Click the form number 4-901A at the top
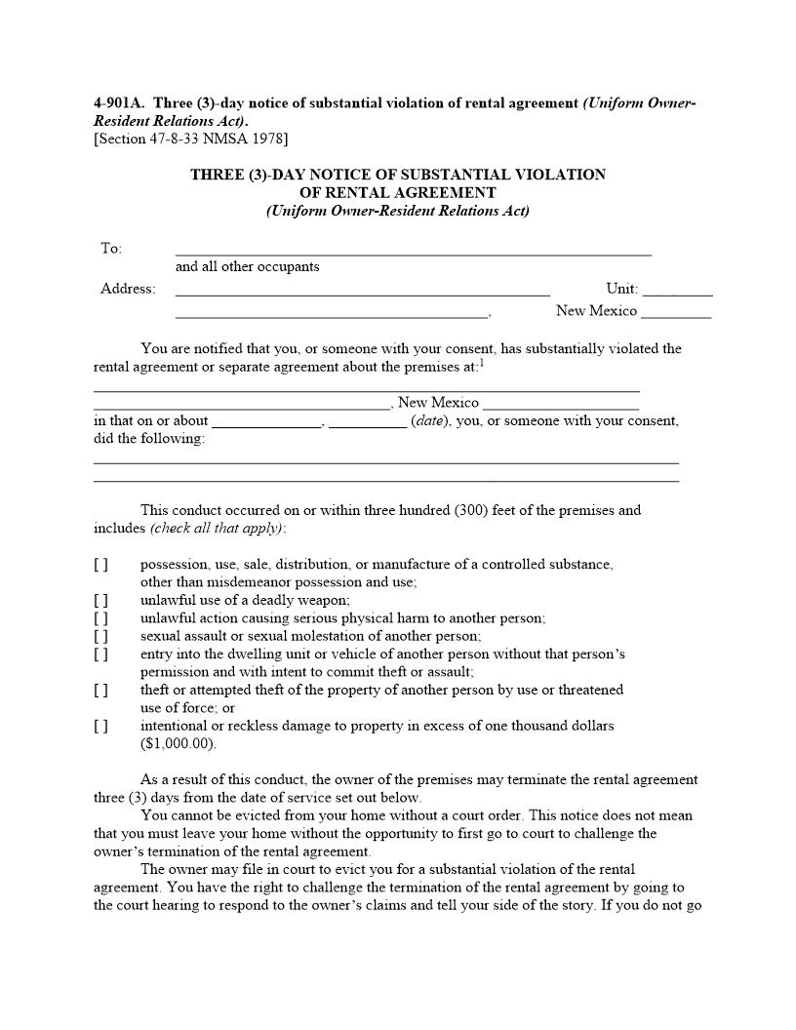(x=119, y=103)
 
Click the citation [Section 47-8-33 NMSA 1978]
(x=190, y=139)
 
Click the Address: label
(x=128, y=289)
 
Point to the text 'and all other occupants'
(x=247, y=266)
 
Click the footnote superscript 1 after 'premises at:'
(x=482, y=363)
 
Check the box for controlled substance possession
(x=101, y=565)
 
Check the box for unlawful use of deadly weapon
(x=101, y=601)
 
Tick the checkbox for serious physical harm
(x=101, y=618)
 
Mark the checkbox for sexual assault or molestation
(x=101, y=636)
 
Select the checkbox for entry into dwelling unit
(x=101, y=654)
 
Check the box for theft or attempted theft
(x=101, y=691)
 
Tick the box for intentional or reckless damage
(x=101, y=726)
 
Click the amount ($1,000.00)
(x=179, y=744)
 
